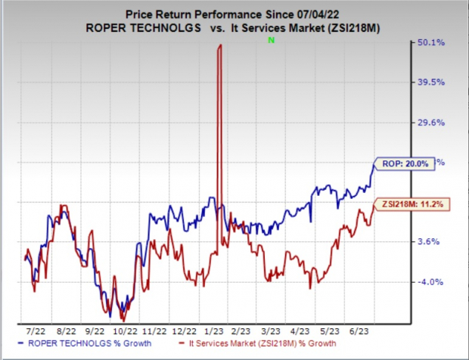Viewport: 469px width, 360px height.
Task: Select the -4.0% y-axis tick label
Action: [427, 282]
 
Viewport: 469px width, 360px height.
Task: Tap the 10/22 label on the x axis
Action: [124, 331]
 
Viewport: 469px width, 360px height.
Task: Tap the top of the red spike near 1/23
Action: [220, 45]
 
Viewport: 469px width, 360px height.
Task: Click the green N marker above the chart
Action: [270, 39]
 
